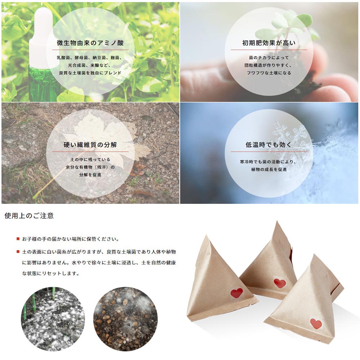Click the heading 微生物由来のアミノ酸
(x=90, y=43)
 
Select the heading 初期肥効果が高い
(x=269, y=43)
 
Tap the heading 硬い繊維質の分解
(x=90, y=145)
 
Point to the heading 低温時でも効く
(x=269, y=145)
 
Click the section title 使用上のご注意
(x=29, y=216)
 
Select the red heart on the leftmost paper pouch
(x=237, y=293)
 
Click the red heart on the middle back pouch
(x=280, y=283)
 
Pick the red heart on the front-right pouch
(x=316, y=323)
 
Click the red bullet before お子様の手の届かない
(x=18, y=239)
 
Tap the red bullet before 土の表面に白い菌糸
(x=18, y=252)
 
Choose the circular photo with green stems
(x=53, y=319)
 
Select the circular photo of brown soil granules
(x=125, y=319)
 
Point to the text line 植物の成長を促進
(x=269, y=170)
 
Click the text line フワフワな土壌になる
(x=269, y=73)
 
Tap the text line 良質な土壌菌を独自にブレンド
(x=90, y=73)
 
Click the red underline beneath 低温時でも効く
(x=269, y=152)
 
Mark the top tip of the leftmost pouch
(x=207, y=235)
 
